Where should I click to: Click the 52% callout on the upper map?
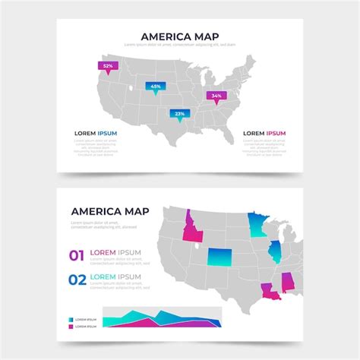coord(108,66)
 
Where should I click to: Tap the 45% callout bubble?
coord(156,86)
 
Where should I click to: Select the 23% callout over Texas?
coord(180,113)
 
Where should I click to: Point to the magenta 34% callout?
coord(216,96)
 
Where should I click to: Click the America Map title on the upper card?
coord(180,35)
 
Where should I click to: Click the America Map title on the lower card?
coord(109,211)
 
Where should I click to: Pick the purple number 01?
coord(77,256)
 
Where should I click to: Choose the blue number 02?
coord(77,279)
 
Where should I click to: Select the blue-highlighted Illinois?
coord(273,252)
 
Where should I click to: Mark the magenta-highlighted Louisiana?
coord(270,291)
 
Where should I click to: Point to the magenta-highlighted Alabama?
coord(289,282)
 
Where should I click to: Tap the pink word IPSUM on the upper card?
coord(275,133)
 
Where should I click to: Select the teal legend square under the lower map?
coord(72,320)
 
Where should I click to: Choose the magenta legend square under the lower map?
coord(72,327)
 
